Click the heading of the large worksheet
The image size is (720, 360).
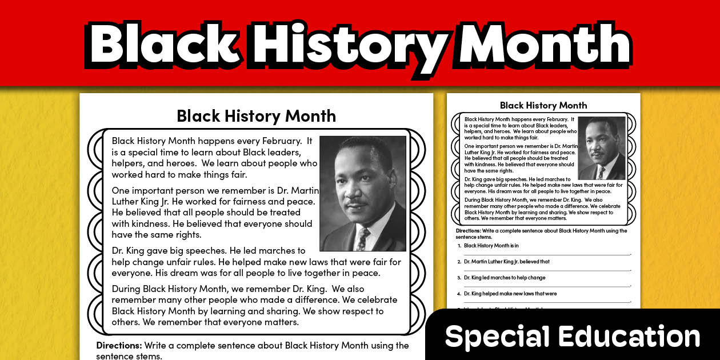[x=256, y=116]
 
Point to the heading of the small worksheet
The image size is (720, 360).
[x=543, y=105]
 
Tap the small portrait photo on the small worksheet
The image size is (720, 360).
[x=601, y=148]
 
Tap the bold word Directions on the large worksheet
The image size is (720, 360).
[x=118, y=345]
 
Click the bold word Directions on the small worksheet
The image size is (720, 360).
[x=471, y=231]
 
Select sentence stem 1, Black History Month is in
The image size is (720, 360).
[x=491, y=246]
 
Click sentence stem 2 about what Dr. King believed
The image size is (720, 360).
[x=506, y=262]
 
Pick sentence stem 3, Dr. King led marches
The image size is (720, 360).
[x=505, y=278]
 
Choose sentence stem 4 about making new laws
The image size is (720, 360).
[x=510, y=294]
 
